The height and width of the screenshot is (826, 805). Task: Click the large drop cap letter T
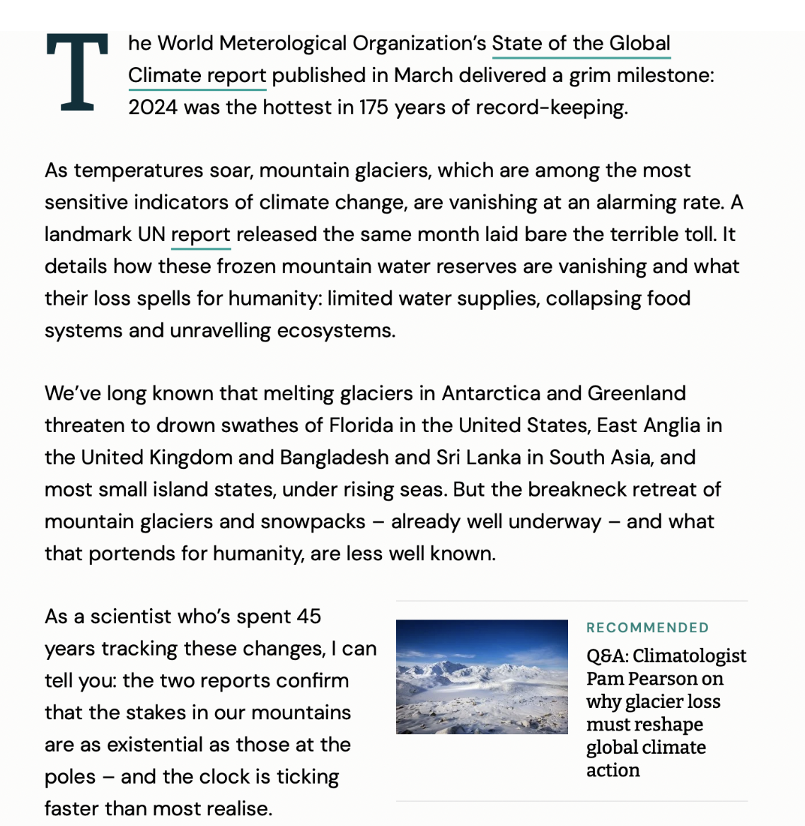pos(77,73)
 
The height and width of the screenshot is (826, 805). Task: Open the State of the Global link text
pos(581,44)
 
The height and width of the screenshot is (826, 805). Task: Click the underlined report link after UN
pos(201,235)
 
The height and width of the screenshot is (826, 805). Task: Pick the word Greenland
pos(637,393)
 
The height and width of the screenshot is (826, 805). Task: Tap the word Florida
pos(361,426)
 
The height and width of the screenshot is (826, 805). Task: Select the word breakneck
pos(588,489)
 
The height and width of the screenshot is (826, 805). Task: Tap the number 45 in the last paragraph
pos(309,617)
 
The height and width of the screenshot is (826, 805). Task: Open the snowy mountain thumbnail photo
pos(482,677)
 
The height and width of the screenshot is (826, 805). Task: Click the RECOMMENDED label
pos(647,628)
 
